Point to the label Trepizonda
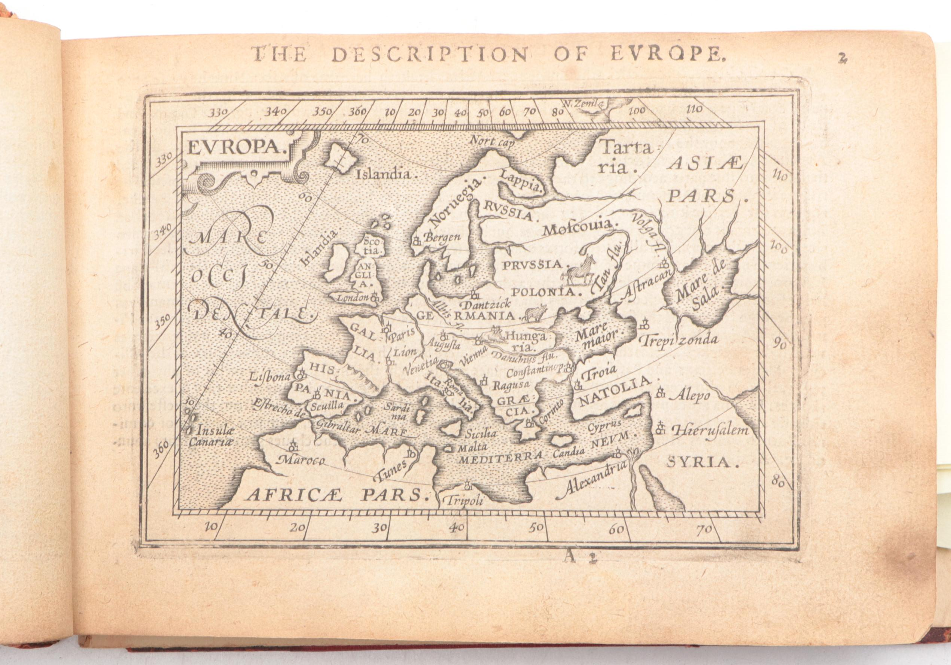[678, 341]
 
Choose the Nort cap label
[491, 142]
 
